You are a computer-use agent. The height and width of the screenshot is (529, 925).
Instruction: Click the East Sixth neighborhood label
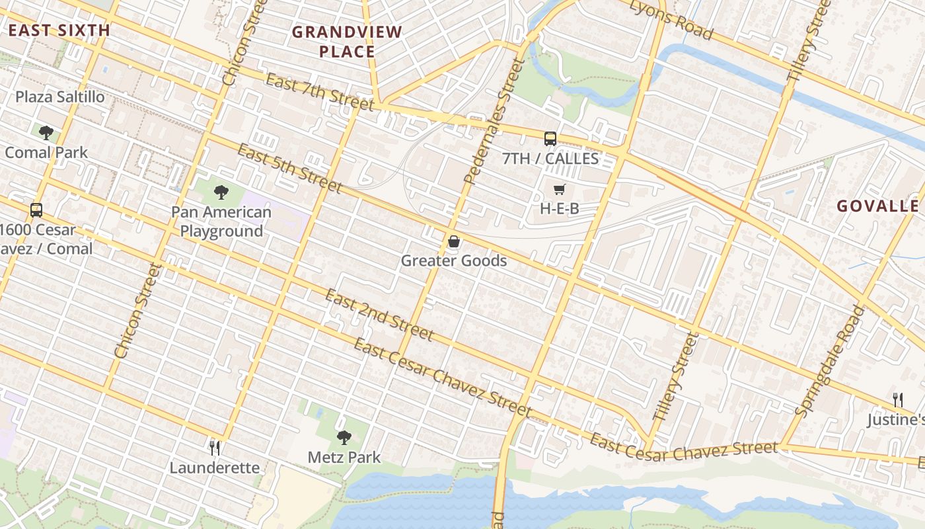[59, 30]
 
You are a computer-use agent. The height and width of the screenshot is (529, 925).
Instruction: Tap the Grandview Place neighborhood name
[347, 42]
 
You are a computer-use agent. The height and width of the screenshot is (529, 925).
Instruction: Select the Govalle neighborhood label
[877, 206]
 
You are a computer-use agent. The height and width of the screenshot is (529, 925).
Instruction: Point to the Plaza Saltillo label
[60, 97]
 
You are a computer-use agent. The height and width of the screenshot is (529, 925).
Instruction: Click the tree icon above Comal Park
[46, 133]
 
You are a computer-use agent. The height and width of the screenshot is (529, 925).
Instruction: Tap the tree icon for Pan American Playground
[221, 192]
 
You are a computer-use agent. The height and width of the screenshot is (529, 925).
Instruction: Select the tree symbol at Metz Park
[344, 437]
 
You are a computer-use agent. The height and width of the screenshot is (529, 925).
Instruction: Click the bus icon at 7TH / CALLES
[550, 138]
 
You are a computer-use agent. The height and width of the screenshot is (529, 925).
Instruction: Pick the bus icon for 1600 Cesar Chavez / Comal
[36, 210]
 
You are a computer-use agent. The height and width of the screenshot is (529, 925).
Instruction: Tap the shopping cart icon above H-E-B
[560, 190]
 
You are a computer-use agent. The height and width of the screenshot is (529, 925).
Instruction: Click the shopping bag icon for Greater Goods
[454, 242]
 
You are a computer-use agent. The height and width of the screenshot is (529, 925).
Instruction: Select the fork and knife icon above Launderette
[214, 448]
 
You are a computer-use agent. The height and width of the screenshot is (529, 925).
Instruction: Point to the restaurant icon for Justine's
[897, 399]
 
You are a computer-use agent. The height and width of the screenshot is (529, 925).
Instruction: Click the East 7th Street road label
[320, 92]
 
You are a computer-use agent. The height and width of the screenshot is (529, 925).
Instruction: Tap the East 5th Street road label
[289, 169]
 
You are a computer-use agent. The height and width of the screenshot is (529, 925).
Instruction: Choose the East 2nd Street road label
[379, 315]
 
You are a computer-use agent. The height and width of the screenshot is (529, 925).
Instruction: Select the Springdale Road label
[829, 360]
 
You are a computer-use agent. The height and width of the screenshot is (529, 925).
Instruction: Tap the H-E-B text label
[560, 208]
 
